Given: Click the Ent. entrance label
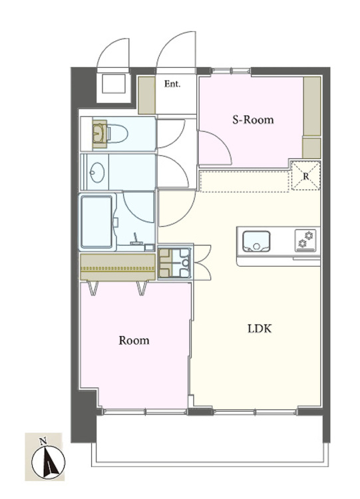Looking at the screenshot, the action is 172,84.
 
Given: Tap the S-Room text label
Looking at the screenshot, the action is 253,120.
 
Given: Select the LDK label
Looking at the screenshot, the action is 260,329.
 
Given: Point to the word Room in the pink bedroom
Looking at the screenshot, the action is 134,341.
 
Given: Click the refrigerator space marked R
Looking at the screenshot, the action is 306,176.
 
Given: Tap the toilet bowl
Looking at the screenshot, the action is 117,134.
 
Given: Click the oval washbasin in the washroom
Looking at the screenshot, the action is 97,172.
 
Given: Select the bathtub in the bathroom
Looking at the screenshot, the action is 96,222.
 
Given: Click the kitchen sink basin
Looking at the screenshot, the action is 256,242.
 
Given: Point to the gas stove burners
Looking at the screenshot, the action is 305,240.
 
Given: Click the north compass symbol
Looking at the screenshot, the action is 49,462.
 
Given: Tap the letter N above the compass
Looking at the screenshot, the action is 43,441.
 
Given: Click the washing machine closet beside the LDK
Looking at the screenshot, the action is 175,262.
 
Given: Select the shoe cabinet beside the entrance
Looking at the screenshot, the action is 147,95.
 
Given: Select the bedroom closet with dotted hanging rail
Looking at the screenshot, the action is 118,267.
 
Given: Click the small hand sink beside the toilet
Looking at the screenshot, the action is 100,134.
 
